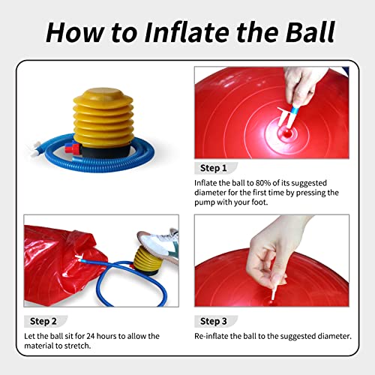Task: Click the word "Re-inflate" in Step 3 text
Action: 212,335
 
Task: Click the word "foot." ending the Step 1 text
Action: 265,202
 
